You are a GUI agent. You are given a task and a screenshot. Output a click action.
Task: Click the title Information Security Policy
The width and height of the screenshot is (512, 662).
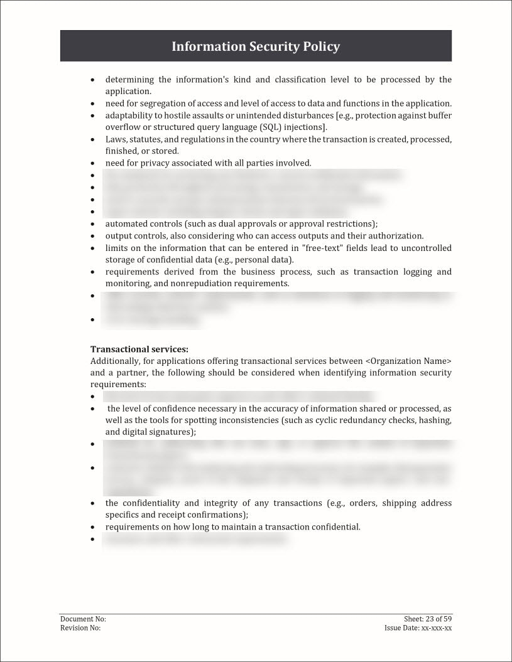point(256,46)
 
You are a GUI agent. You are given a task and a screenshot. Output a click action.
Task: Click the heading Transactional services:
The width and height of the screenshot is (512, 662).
point(139,349)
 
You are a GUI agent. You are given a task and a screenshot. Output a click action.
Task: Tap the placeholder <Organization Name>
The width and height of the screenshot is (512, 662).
point(408,361)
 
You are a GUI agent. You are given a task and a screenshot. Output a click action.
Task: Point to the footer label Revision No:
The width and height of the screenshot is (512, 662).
point(80,627)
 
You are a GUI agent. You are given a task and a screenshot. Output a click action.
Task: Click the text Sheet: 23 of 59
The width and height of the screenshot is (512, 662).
point(428,619)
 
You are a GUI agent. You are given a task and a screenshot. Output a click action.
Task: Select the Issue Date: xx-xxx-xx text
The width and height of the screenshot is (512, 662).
point(418,627)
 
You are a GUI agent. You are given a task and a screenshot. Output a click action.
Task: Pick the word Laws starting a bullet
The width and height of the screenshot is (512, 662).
point(116,139)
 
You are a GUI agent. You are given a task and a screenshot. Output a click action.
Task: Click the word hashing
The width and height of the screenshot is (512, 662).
point(436,420)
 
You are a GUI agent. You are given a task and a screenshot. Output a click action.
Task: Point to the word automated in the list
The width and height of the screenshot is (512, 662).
point(127,224)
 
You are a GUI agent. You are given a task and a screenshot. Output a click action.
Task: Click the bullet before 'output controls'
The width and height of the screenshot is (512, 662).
point(93,236)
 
